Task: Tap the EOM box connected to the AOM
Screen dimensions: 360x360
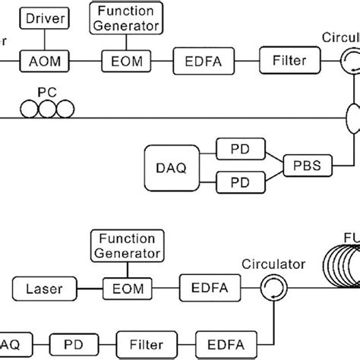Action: pyautogui.click(x=125, y=58)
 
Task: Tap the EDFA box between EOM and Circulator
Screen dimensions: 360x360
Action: pyautogui.click(x=202, y=288)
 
